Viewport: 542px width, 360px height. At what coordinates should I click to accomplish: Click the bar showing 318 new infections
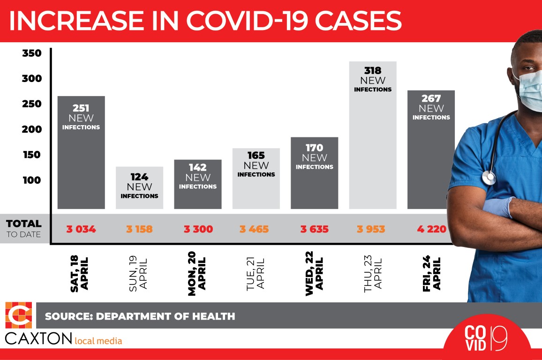[373, 141]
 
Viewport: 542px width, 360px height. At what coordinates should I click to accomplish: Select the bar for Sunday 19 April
[139, 187]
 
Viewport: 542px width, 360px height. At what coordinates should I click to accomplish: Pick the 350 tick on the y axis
[32, 53]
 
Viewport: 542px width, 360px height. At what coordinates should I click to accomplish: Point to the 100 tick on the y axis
[32, 180]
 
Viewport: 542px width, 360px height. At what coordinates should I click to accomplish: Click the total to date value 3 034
[81, 229]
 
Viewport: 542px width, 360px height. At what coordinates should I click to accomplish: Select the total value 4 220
[431, 229]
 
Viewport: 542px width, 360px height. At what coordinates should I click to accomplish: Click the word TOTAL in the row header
[23, 224]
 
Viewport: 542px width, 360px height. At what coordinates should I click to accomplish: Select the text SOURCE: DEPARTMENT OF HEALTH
[140, 316]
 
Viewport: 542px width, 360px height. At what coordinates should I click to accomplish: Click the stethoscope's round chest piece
[489, 178]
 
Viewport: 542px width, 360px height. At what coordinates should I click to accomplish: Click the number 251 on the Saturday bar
[81, 108]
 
